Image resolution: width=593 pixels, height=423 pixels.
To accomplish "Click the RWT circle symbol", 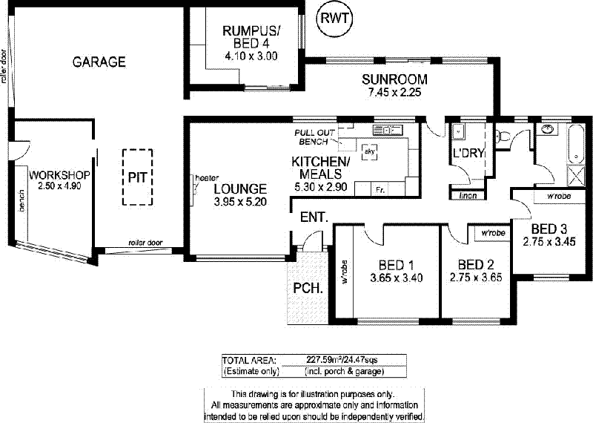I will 334,19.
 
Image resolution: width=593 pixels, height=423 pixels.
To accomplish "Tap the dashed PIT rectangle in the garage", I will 138,177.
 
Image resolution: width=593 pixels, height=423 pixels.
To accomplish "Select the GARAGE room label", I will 99,62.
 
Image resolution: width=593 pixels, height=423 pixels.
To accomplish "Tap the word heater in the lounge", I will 205,178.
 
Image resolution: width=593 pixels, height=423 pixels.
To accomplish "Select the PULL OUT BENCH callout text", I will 314,137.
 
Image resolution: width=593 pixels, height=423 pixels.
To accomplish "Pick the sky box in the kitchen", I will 368,151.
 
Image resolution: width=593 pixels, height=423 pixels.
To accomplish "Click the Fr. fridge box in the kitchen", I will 380,190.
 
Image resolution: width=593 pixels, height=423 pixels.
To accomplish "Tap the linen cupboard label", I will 467,196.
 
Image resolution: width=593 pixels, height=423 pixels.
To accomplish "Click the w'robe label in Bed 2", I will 493,233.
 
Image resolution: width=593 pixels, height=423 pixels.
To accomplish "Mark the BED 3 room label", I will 549,228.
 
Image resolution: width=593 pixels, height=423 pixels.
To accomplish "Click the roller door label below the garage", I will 145,242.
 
